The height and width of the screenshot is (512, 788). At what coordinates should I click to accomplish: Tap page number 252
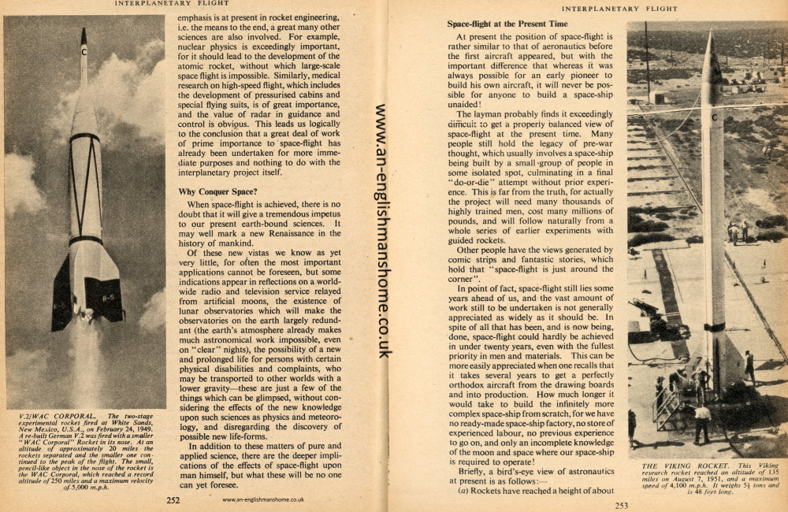tap(173, 499)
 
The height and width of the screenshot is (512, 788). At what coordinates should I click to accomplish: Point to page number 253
tap(621, 505)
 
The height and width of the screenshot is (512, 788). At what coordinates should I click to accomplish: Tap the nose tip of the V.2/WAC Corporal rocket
tap(84, 31)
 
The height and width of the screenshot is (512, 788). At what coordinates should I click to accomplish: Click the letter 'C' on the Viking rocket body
tap(714, 117)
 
